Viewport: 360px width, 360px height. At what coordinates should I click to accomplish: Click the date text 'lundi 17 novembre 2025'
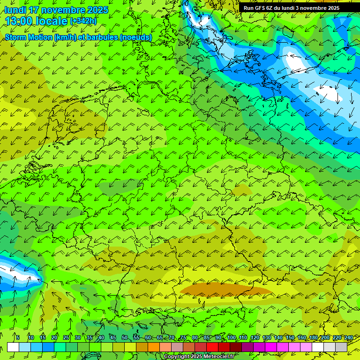pyautogui.click(x=56, y=10)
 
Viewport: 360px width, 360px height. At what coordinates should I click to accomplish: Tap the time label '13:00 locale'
pyautogui.click(x=36, y=21)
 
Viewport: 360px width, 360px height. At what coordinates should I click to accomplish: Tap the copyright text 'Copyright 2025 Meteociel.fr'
pyautogui.click(x=199, y=356)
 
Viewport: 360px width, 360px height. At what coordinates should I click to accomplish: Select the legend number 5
pyautogui.click(x=18, y=337)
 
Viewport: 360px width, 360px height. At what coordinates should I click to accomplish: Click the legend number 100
pyautogui.click(x=232, y=337)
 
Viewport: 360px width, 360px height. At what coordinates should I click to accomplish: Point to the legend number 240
pyautogui.click(x=348, y=337)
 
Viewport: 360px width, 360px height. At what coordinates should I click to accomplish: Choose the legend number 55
pyautogui.click(x=136, y=337)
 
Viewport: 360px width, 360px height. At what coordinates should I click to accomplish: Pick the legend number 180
pyautogui.click(x=313, y=337)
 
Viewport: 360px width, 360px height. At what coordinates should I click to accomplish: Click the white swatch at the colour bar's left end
pyautogui.click(x=13, y=347)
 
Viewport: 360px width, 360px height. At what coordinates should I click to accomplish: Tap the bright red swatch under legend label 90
pyautogui.click(x=212, y=347)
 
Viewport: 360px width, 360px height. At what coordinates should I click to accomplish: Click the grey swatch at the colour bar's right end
pyautogui.click(x=341, y=347)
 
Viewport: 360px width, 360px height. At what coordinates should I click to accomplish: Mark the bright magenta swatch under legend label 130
pyautogui.click(x=271, y=347)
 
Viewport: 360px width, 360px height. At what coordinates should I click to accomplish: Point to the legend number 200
pyautogui.click(x=325, y=337)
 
